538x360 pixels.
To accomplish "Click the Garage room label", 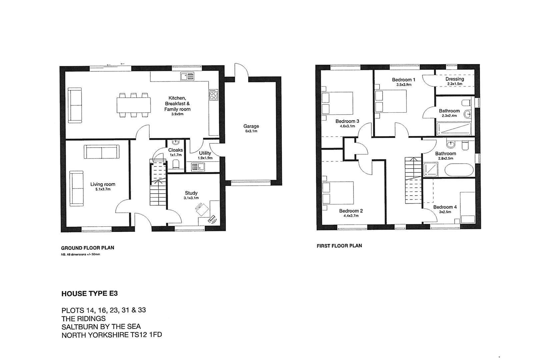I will tap(251, 126).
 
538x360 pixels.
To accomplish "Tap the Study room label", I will tap(191, 193).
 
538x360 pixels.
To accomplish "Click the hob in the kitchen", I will tap(213, 95).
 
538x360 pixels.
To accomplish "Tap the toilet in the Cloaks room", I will tap(176, 164).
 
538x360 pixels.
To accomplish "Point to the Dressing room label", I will tap(455, 79).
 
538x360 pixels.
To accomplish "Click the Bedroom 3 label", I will tap(347, 121).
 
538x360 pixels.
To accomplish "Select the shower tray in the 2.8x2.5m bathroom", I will tap(432, 169).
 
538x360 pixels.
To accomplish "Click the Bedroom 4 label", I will tap(445, 207).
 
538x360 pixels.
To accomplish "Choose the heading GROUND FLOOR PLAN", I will tap(88, 248).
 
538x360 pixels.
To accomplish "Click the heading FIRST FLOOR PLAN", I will tap(339, 246).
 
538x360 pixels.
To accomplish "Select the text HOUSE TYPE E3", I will tap(90, 294).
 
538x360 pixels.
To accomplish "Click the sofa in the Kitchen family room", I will tap(75, 105).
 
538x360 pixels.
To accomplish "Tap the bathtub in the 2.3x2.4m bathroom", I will tap(454, 129).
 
